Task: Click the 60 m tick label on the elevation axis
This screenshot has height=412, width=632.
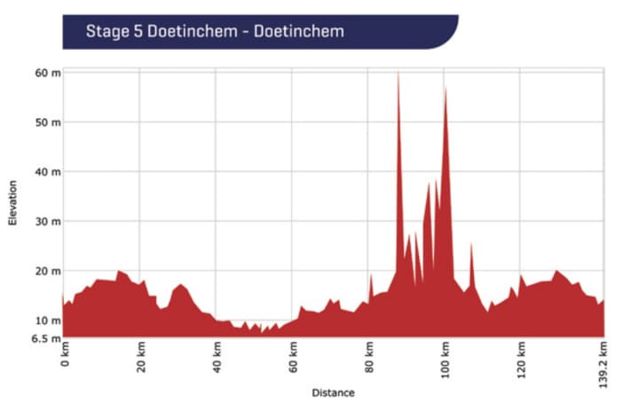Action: (x=47, y=72)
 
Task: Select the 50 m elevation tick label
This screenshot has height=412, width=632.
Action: (x=47, y=122)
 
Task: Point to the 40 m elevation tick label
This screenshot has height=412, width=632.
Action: (x=47, y=171)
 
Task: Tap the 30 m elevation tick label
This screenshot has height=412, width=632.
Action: (x=47, y=221)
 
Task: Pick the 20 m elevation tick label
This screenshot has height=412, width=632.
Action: (x=47, y=271)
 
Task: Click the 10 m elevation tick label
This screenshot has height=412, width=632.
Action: (x=47, y=321)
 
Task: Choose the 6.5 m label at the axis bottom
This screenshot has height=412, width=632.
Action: (x=45, y=337)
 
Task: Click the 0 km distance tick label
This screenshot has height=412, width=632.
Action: (x=64, y=359)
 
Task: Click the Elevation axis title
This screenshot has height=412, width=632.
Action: (x=12, y=202)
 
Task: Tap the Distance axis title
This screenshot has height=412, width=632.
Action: (x=333, y=392)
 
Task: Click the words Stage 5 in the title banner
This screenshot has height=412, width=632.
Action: (x=116, y=33)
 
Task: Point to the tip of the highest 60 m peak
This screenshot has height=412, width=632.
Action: (x=398, y=72)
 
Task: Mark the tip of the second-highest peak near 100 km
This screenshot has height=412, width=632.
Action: (x=445, y=87)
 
